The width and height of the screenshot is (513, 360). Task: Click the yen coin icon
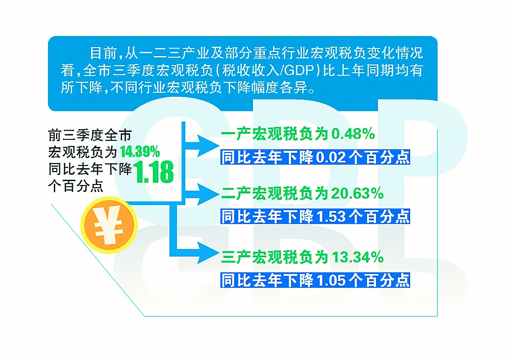[x=109, y=225]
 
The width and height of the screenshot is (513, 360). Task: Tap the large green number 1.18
[x=153, y=172]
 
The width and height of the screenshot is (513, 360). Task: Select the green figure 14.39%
[x=140, y=152]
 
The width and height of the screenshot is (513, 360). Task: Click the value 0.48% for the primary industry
[x=353, y=134]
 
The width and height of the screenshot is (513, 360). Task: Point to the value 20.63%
[x=357, y=194]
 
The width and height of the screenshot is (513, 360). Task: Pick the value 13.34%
[x=357, y=258]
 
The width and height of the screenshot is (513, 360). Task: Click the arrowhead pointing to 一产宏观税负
[x=208, y=145]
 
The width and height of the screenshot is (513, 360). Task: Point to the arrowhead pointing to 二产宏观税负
[x=208, y=194]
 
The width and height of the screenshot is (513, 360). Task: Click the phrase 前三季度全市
[x=89, y=135]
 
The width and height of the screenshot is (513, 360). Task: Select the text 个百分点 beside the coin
[x=76, y=186]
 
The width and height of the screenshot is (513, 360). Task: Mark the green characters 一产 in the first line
[x=235, y=134]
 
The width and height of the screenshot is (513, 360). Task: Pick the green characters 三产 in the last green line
[x=235, y=258]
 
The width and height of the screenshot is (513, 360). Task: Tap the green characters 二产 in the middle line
[x=235, y=194]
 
